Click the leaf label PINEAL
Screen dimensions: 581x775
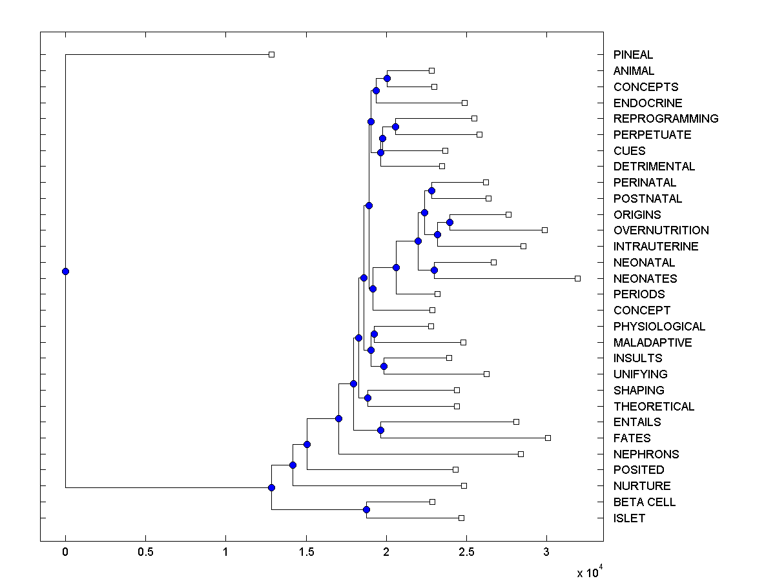point(633,55)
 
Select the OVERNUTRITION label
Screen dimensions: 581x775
point(661,230)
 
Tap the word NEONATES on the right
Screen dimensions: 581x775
point(645,278)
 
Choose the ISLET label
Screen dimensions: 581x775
point(629,518)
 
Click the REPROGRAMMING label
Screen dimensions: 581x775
point(666,119)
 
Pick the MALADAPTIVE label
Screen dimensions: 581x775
point(652,342)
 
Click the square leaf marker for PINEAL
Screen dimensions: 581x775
point(271,54)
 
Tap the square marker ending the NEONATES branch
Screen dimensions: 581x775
point(577,278)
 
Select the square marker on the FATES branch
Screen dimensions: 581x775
point(548,438)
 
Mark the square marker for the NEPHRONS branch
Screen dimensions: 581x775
point(521,454)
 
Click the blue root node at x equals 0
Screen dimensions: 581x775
point(65,271)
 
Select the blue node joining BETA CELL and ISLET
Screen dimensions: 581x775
point(366,510)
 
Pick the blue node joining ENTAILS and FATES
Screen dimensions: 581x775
point(380,430)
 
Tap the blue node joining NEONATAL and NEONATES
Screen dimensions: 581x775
point(434,270)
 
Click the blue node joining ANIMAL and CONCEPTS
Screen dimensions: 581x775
point(387,78)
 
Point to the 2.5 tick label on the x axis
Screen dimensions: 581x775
point(466,553)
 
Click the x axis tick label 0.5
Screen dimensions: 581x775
point(145,553)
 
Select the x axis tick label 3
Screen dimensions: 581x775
point(546,553)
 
